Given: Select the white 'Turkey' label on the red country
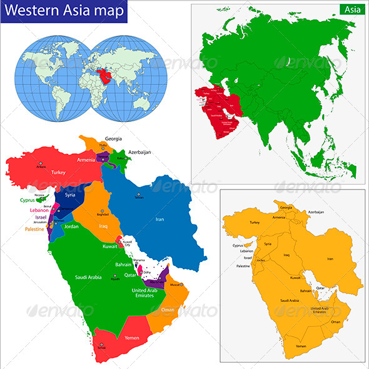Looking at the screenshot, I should click(x=59, y=172).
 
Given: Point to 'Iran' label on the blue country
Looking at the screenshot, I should click(x=159, y=220).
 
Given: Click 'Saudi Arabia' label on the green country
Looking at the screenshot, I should click(x=88, y=276).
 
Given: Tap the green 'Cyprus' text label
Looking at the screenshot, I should click(x=26, y=201).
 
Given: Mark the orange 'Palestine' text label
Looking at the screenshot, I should click(x=35, y=230).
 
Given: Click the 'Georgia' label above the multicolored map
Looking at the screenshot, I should click(x=113, y=138).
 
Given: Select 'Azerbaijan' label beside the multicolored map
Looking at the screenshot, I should click(x=140, y=152).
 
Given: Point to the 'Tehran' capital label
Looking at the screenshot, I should click(x=139, y=198).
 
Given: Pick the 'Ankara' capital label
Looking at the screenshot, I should click(x=41, y=167).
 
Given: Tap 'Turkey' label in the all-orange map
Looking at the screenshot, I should click(x=255, y=222).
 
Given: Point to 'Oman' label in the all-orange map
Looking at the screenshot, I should click(x=335, y=321).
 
